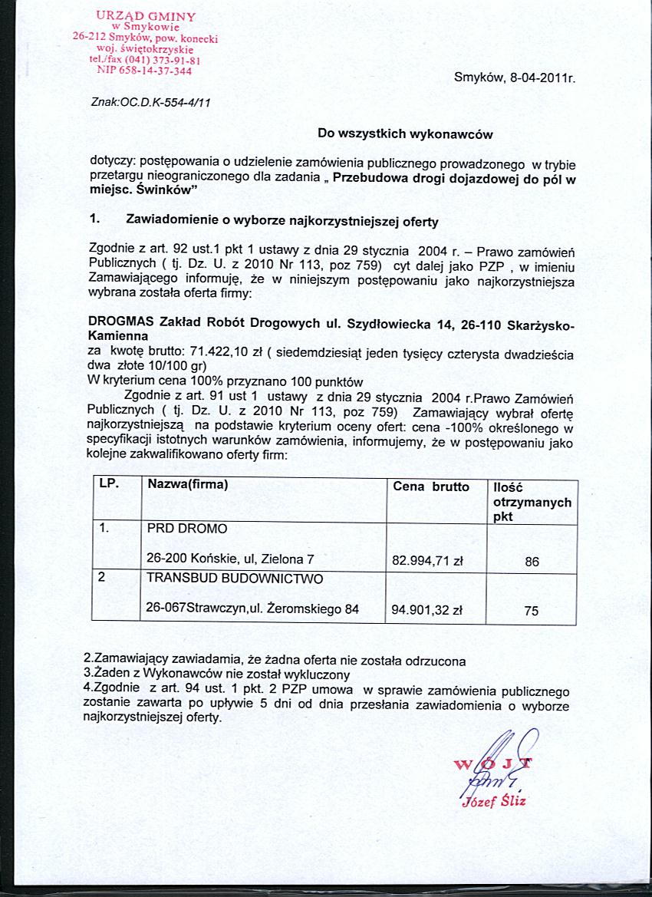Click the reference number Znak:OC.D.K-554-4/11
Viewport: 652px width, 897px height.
(150, 101)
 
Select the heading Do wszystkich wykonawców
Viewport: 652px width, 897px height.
(404, 134)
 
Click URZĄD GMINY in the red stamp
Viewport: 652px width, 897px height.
(146, 15)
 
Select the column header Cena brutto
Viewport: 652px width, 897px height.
(430, 486)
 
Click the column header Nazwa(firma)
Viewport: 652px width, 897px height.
(188, 485)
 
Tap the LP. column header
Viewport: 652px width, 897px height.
(109, 484)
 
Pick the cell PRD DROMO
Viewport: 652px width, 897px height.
(186, 529)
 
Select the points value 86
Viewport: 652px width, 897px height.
(532, 562)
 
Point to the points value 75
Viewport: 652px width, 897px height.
(532, 612)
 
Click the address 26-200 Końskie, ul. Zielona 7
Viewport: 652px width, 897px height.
(230, 561)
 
